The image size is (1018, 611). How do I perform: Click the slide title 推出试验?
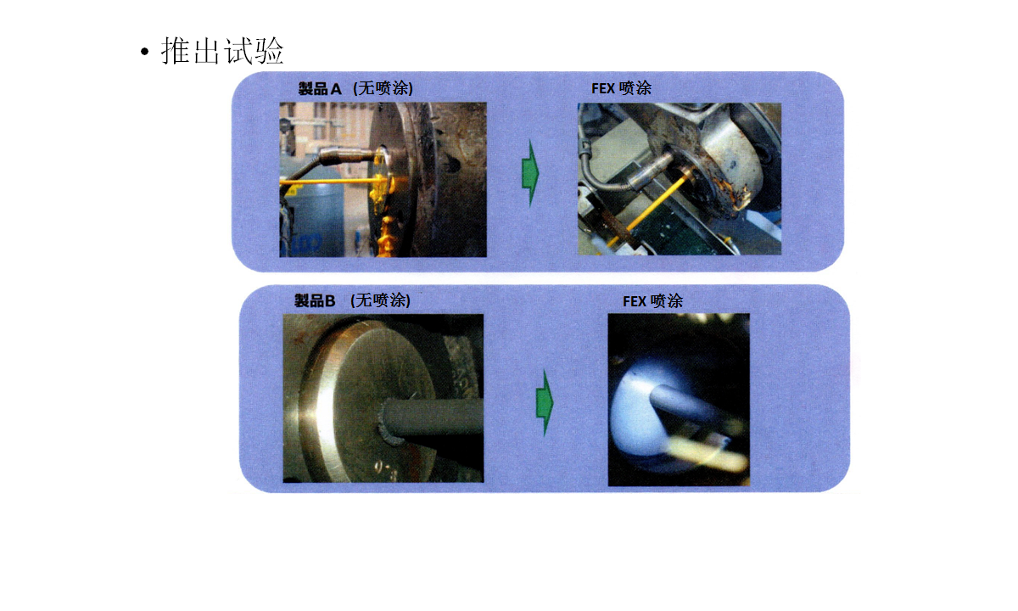pos(222,50)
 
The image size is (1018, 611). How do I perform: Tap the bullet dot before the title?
pos(144,52)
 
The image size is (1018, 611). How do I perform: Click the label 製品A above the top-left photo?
pos(320,88)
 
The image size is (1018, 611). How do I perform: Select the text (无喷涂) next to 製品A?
pos(383,88)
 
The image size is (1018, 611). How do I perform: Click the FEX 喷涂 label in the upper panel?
pos(621,87)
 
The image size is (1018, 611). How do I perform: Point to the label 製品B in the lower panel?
pos(315,300)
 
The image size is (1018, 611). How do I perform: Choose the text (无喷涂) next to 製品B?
pos(380,300)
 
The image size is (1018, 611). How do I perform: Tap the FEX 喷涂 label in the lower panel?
pos(652,301)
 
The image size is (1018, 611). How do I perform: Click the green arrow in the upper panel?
pos(530,173)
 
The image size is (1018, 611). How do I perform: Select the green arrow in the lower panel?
pos(545,403)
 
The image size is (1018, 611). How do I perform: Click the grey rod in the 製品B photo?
pos(432,416)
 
